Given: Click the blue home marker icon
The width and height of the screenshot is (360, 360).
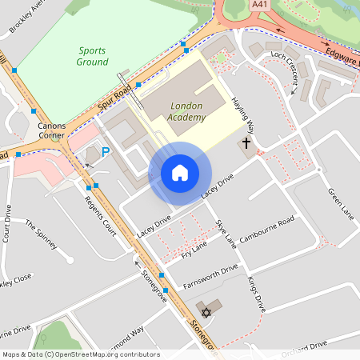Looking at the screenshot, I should pyautogui.click(x=180, y=173).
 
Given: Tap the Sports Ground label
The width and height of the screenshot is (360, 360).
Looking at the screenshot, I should pyautogui.click(x=92, y=55).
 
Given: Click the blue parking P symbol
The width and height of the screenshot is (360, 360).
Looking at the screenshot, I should pyautogui.click(x=105, y=151).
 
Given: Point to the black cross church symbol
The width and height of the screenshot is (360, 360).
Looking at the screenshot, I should pyautogui.click(x=246, y=146).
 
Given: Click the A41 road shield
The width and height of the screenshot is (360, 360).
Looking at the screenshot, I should pyautogui.click(x=259, y=5).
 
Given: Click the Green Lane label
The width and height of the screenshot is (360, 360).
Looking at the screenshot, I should pyautogui.click(x=341, y=204).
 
